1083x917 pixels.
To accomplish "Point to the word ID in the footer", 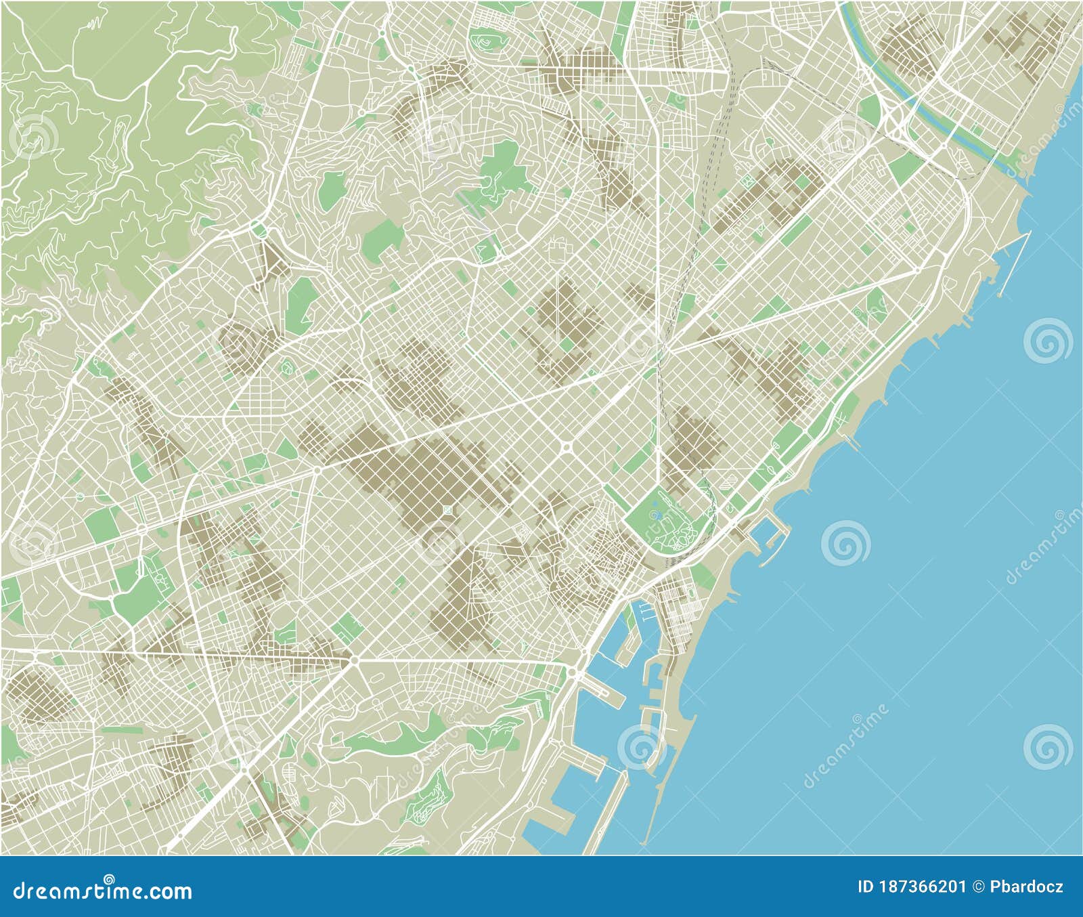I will click(865, 887).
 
